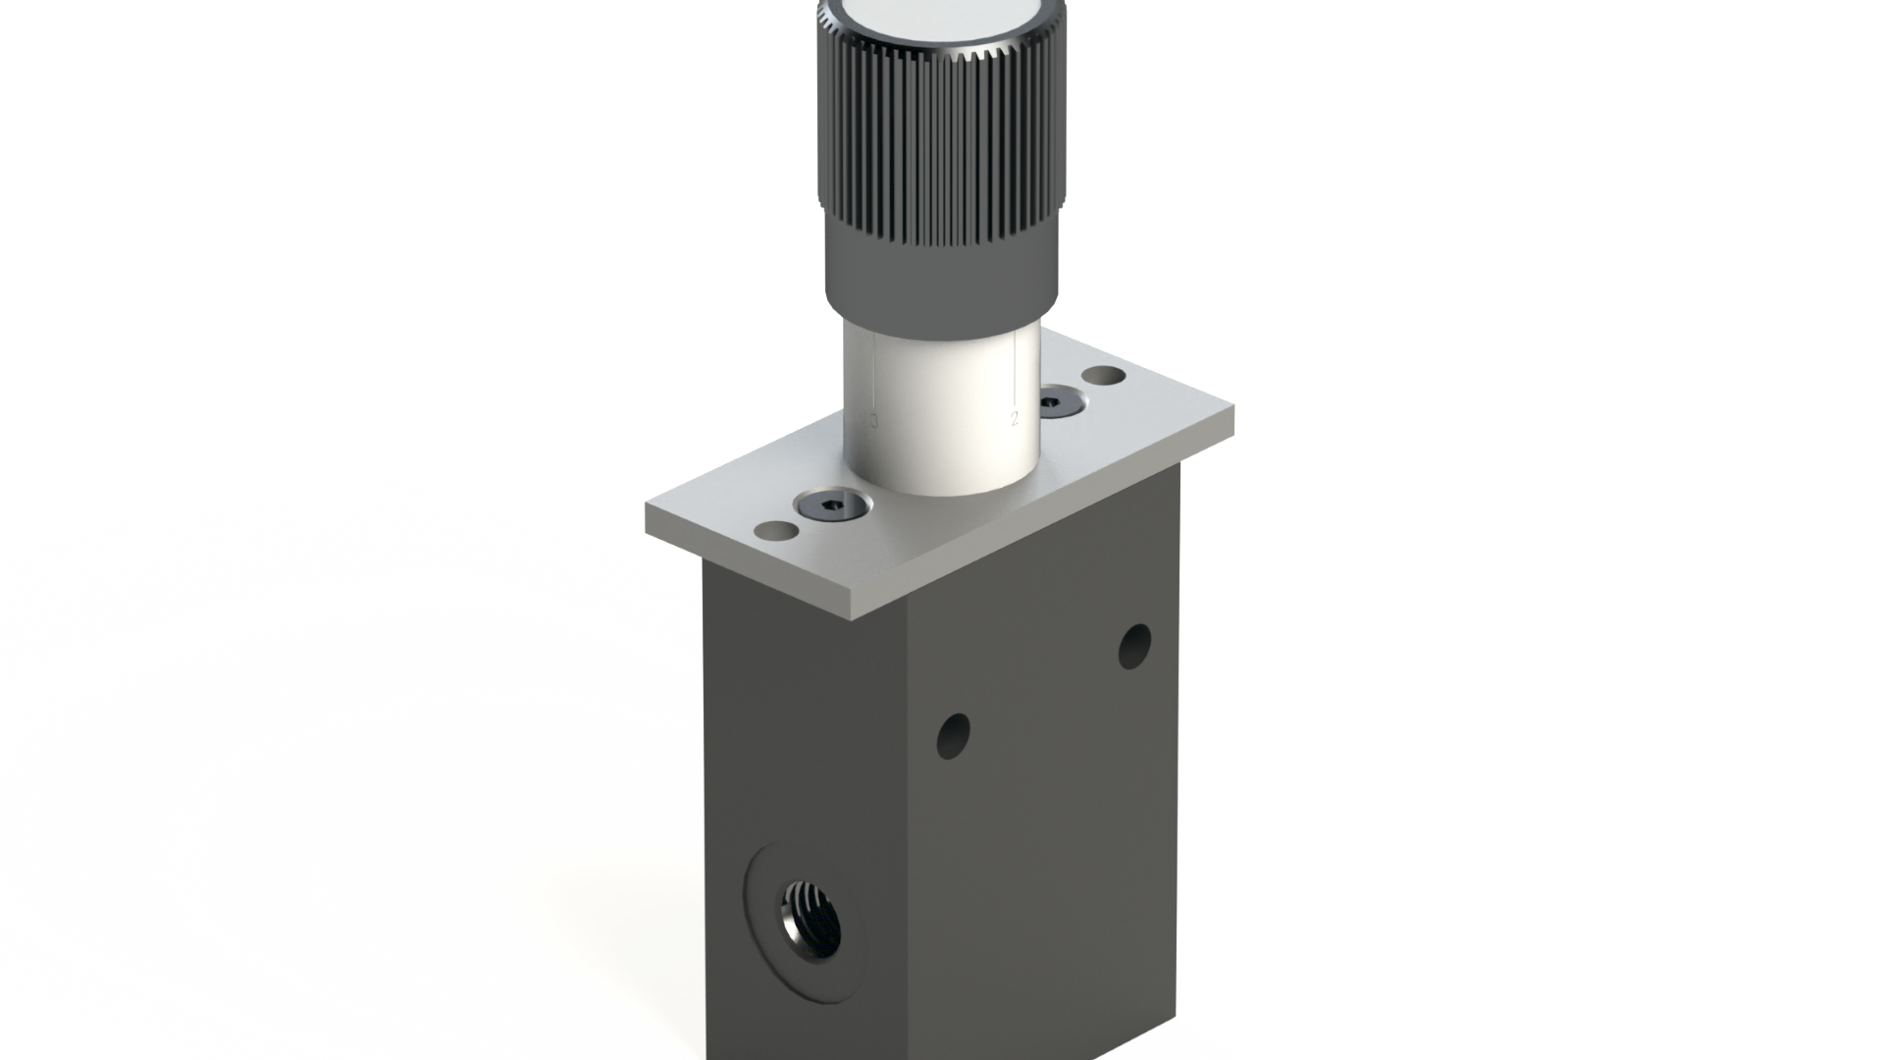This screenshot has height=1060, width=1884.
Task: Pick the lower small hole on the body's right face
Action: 953,736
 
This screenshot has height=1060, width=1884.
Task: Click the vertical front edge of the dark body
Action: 908,834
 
